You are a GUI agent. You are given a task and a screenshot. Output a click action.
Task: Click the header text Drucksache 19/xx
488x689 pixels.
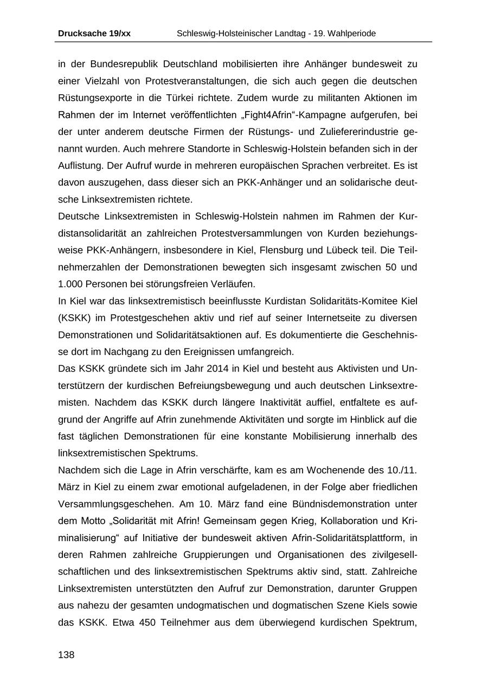pos(94,34)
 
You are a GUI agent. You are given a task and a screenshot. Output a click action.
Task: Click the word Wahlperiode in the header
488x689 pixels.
pos(350,34)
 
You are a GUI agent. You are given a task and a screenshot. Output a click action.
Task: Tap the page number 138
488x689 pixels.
pos(66,655)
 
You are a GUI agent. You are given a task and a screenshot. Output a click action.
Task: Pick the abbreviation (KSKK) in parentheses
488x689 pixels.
pos(74,317)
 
